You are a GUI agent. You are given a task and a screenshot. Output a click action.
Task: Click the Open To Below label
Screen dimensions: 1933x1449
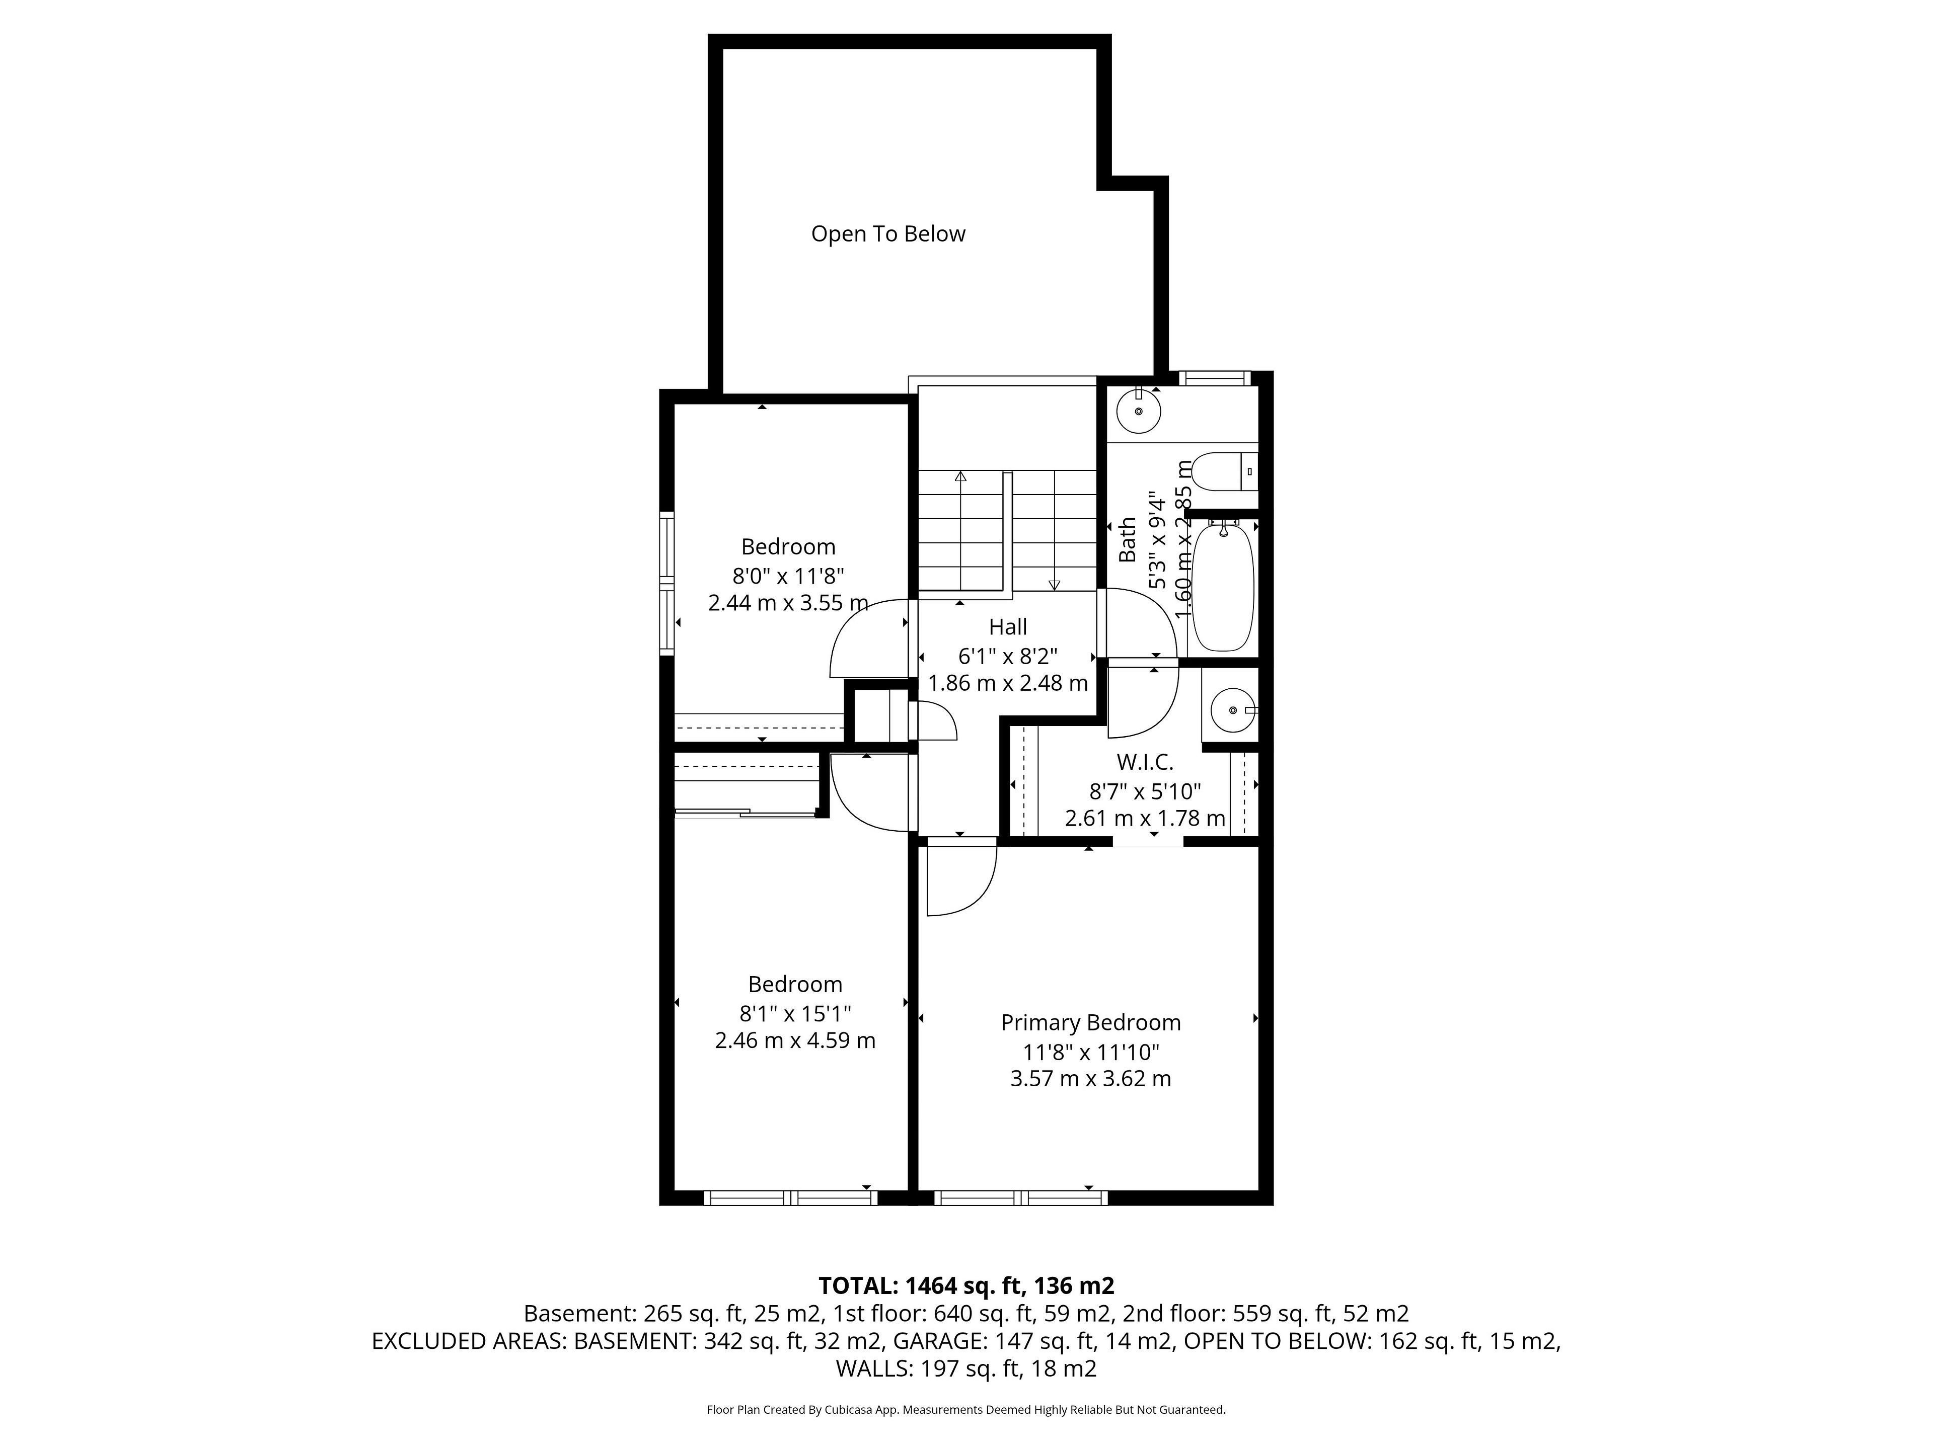pyautogui.click(x=888, y=234)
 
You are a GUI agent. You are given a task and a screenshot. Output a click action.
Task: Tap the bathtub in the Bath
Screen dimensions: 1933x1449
pyautogui.click(x=1223, y=585)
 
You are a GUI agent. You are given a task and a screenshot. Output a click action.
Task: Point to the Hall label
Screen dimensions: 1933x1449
pyautogui.click(x=1008, y=627)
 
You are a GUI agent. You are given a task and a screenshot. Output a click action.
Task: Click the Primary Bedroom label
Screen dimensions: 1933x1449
pyautogui.click(x=1091, y=1023)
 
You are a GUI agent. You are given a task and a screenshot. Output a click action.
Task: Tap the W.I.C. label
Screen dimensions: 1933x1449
pyautogui.click(x=1145, y=763)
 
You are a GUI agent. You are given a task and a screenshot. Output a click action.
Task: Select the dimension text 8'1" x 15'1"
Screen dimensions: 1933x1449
pyautogui.click(x=795, y=1013)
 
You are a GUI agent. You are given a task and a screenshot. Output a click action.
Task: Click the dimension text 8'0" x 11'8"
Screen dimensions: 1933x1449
pyautogui.click(x=788, y=576)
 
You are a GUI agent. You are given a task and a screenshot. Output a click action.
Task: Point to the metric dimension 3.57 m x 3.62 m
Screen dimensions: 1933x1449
pyautogui.click(x=1091, y=1079)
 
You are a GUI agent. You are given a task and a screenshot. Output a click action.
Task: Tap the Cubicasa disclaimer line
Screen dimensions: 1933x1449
pyautogui.click(x=966, y=1410)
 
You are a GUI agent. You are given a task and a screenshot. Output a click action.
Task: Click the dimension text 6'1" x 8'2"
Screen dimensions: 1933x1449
pyautogui.click(x=1008, y=655)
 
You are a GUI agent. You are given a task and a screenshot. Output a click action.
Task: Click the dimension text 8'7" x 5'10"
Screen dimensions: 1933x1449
pyautogui.click(x=1145, y=791)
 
